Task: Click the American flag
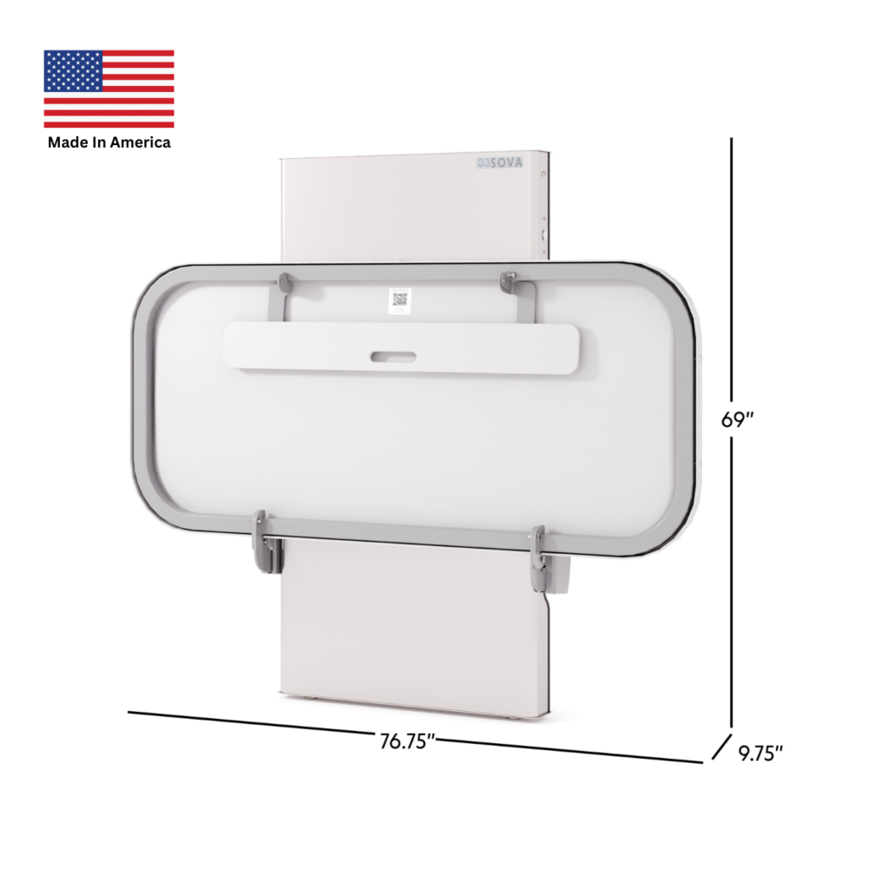pyautogui.click(x=109, y=89)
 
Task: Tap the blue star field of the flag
pyautogui.click(x=73, y=71)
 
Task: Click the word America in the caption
pyautogui.click(x=140, y=142)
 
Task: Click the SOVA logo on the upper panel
pyautogui.click(x=499, y=162)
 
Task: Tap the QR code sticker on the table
pyautogui.click(x=400, y=300)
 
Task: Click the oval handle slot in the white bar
pyautogui.click(x=393, y=357)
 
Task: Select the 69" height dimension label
pyautogui.click(x=737, y=419)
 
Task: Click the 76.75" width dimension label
pyautogui.click(x=407, y=741)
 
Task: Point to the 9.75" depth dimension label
pyautogui.click(x=761, y=754)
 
